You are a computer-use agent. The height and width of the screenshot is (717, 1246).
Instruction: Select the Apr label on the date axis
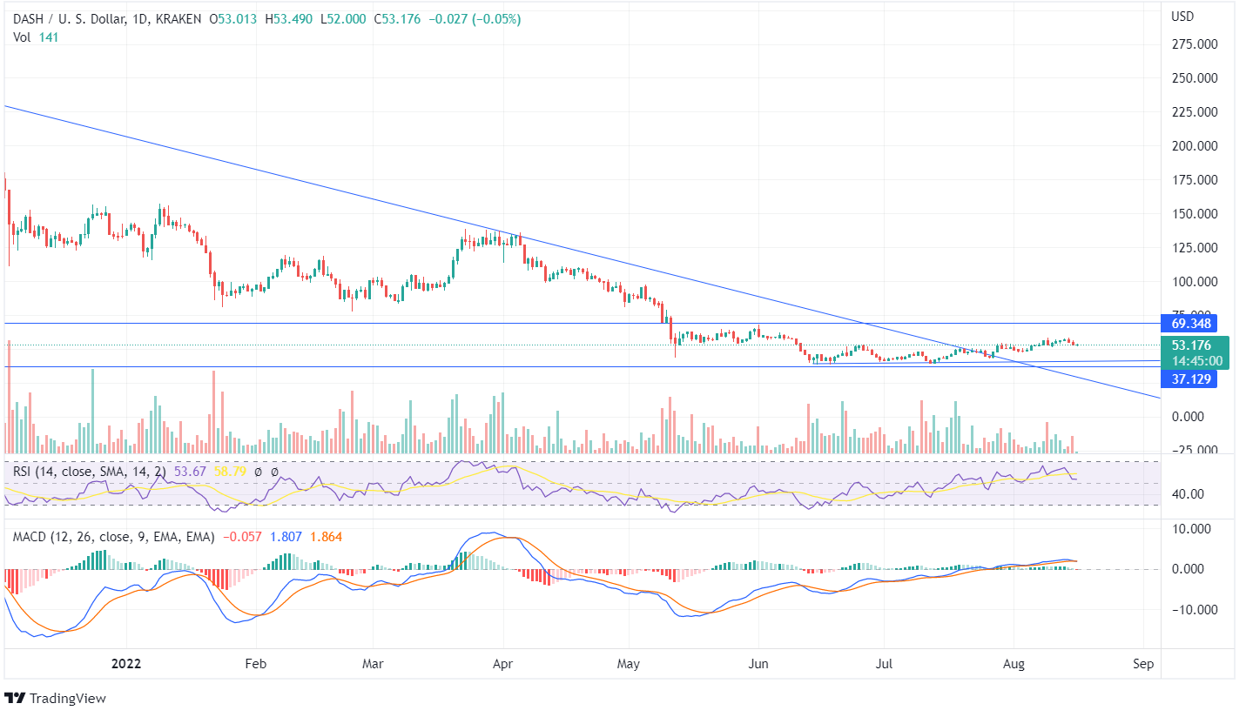(x=502, y=663)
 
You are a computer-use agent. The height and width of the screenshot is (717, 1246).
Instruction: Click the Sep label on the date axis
(x=1143, y=663)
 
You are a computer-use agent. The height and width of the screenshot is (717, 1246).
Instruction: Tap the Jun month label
(x=758, y=663)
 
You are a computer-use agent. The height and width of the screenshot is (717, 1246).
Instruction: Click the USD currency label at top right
(x=1182, y=17)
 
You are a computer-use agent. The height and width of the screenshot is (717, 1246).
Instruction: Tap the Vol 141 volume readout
(x=34, y=37)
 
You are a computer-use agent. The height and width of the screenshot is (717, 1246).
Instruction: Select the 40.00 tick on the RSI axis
(x=1189, y=494)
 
